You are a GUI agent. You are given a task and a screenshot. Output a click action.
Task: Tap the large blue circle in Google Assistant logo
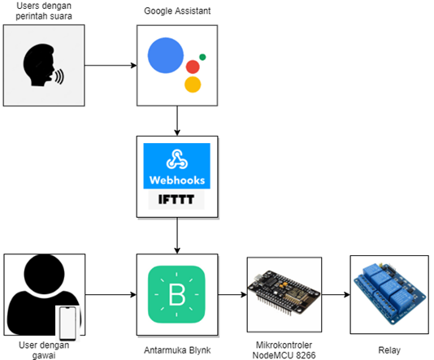coord(165,55)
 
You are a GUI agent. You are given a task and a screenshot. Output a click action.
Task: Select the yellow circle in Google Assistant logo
coord(193,85)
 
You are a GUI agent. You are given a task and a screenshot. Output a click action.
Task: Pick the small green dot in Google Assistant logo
coord(202,57)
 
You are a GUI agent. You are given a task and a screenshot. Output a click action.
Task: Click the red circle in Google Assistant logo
coord(193,67)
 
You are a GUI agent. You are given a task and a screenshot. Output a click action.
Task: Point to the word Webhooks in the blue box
coord(176,180)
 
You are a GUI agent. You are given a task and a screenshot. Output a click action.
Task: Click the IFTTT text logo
coord(176,200)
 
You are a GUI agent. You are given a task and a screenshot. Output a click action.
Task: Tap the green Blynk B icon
coord(176,293)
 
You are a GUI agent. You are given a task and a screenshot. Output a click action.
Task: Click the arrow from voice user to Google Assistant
coord(110,66)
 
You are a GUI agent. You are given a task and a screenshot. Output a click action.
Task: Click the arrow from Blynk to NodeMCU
coord(232,293)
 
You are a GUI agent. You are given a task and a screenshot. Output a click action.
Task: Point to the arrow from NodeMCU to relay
coord(336,293)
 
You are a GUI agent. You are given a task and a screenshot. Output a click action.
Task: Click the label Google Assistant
coord(176,11)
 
